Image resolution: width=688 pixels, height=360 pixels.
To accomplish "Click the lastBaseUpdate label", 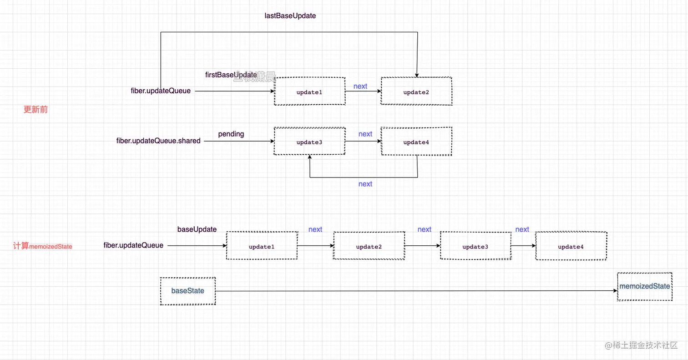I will point(290,15).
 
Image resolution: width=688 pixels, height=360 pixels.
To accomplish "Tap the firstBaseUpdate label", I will point(231,75).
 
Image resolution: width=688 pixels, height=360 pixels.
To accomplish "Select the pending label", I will point(231,134).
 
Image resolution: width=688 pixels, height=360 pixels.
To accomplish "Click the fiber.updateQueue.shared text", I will point(158,141).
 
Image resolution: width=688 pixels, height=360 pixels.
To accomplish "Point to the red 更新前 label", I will point(35,110).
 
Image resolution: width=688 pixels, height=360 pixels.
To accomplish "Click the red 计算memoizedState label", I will point(43,246).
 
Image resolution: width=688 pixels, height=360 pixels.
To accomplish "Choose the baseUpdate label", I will point(197,229).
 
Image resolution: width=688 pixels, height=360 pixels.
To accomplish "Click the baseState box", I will point(187,291).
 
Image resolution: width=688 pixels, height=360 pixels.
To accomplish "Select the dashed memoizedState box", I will point(644,287).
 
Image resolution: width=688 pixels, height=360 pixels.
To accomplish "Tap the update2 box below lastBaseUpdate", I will point(416,91).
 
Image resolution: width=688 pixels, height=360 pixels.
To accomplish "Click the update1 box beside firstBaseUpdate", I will point(309,91).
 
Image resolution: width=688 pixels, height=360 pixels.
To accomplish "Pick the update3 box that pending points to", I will point(309,142).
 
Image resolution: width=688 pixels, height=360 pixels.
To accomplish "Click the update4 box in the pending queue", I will point(416,142).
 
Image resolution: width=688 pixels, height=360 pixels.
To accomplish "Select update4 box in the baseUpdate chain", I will point(571,246).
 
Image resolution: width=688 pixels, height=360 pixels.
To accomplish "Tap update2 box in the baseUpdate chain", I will point(369,246).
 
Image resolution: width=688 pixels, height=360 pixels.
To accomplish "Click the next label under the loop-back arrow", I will point(365,184).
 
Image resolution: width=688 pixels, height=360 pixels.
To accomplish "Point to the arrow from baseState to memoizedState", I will point(410,291).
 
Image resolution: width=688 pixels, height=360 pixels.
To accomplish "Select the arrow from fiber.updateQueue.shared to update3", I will point(239,142).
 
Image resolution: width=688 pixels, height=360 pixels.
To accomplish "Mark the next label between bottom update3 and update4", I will point(522,229).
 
